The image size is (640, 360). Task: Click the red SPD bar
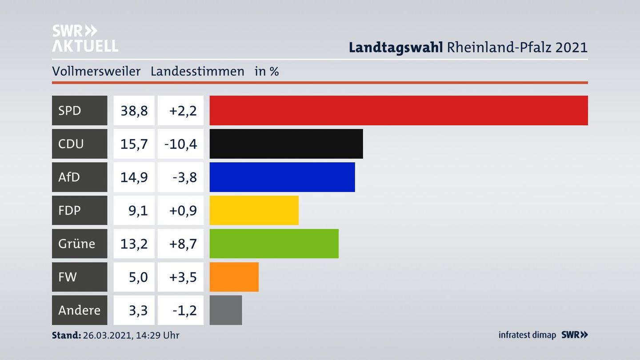click(x=399, y=110)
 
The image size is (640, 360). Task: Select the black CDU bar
click(x=286, y=144)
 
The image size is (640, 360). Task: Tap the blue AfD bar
click(x=282, y=177)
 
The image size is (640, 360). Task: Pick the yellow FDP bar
click(x=254, y=210)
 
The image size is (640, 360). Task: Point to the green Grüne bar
click(x=274, y=244)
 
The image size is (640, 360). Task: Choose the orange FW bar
click(x=234, y=277)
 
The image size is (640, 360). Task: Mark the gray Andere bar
click(x=226, y=310)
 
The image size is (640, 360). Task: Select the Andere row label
click(x=80, y=310)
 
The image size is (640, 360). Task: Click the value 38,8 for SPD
click(x=134, y=110)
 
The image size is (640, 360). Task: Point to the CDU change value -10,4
click(x=180, y=144)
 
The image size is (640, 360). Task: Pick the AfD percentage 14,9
click(x=134, y=177)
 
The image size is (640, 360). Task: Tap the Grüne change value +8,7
click(x=183, y=244)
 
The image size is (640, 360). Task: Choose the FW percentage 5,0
click(x=138, y=277)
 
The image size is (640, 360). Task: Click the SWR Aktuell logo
click(x=85, y=38)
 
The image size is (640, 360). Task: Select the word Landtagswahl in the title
click(x=396, y=47)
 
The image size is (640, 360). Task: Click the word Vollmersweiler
click(x=96, y=71)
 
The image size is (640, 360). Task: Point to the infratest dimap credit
click(x=527, y=335)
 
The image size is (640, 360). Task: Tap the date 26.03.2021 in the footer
click(x=107, y=335)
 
